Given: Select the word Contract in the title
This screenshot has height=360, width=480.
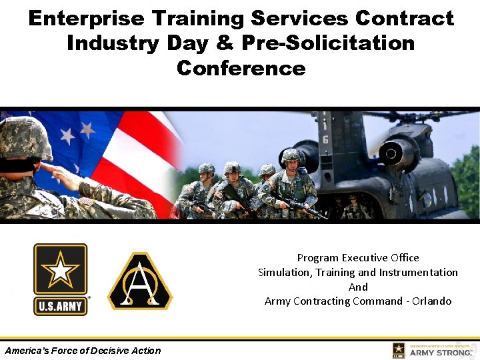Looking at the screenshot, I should pyautogui.click(x=405, y=18).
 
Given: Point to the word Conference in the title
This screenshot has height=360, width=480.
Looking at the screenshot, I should pyautogui.click(x=241, y=68).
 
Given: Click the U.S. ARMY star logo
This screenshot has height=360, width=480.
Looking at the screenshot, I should pyautogui.click(x=61, y=279).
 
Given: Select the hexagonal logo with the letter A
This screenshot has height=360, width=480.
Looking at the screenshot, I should pyautogui.click(x=140, y=281).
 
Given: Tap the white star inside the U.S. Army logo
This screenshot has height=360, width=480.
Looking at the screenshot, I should pyautogui.click(x=61, y=270).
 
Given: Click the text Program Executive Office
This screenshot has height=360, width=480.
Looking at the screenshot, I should pyautogui.click(x=358, y=257).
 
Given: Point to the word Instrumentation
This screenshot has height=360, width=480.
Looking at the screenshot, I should pyautogui.click(x=419, y=272).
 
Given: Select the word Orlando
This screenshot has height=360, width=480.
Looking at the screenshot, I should pyautogui.click(x=431, y=301).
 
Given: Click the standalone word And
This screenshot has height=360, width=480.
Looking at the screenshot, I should pyautogui.click(x=358, y=287).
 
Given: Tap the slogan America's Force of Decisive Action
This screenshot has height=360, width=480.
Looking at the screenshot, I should pyautogui.click(x=83, y=351).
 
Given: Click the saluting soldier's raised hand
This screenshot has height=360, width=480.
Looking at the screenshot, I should pyautogui.click(x=63, y=175).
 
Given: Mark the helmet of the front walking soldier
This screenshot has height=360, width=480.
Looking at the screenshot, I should pyautogui.click(x=291, y=156).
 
